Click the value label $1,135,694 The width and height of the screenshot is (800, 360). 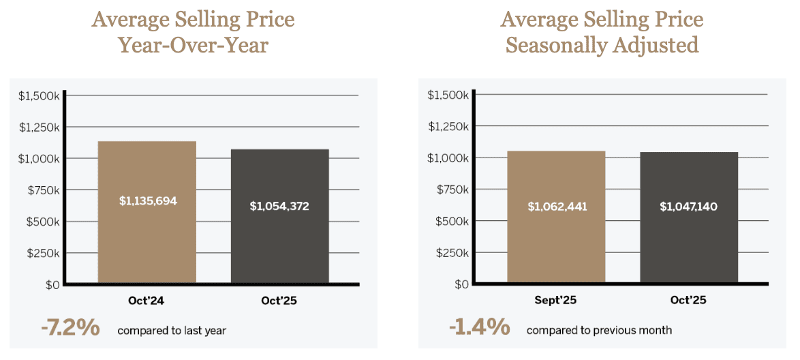click(147, 201)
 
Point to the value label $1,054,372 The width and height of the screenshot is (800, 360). click(279, 206)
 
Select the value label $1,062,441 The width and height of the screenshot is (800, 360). click(556, 206)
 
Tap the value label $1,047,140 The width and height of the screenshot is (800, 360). click(689, 206)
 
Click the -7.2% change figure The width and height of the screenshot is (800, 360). click(70, 329)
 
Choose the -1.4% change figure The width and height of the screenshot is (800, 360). click(479, 328)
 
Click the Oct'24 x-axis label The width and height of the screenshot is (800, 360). click(147, 301)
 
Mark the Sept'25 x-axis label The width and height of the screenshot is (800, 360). click(556, 301)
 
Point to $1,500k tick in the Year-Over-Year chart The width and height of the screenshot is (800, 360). click(39, 95)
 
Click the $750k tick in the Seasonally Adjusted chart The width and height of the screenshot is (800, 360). click(451, 190)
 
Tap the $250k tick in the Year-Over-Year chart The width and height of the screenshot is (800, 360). click(42, 253)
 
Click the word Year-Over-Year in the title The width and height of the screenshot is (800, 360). click(193, 45)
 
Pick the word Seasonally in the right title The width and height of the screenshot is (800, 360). click(558, 45)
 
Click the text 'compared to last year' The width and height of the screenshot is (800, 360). click(171, 331)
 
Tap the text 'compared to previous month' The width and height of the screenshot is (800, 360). click(599, 331)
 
